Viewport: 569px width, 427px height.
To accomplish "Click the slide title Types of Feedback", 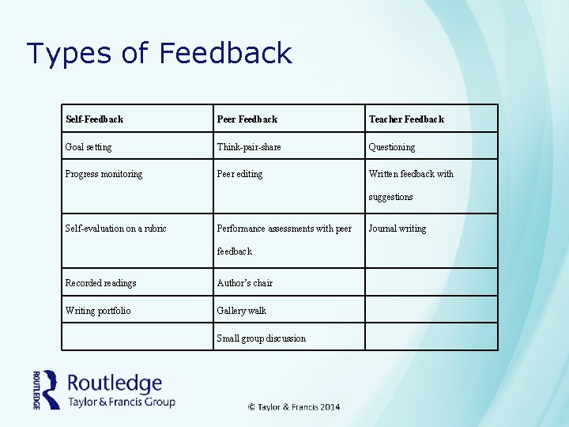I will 159,54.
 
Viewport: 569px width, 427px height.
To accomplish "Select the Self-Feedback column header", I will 94,119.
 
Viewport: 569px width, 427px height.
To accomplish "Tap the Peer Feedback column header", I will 247,119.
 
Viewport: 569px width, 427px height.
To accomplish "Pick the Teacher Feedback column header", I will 406,119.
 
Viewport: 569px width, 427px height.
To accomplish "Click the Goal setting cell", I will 89,147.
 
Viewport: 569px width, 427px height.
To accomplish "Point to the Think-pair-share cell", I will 249,147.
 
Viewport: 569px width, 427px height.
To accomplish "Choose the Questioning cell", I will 391,147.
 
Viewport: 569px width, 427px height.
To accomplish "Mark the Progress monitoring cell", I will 104,174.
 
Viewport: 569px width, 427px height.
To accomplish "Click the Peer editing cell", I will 239,174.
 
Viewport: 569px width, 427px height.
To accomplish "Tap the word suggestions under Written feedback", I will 390,197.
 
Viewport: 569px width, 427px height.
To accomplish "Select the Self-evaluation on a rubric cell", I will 115,229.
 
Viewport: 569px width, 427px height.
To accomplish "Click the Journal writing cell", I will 397,229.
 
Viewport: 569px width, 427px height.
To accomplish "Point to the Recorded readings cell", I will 100,283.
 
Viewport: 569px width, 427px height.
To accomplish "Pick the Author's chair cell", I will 244,283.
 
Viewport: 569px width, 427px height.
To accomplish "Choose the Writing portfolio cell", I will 98,311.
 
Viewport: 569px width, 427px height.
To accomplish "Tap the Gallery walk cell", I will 241,311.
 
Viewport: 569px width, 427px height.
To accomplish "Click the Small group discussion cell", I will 261,338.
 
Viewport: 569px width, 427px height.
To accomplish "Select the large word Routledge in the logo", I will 115,384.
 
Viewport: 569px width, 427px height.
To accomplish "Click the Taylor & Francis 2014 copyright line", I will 294,406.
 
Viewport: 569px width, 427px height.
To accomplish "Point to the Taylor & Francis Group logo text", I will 121,402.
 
